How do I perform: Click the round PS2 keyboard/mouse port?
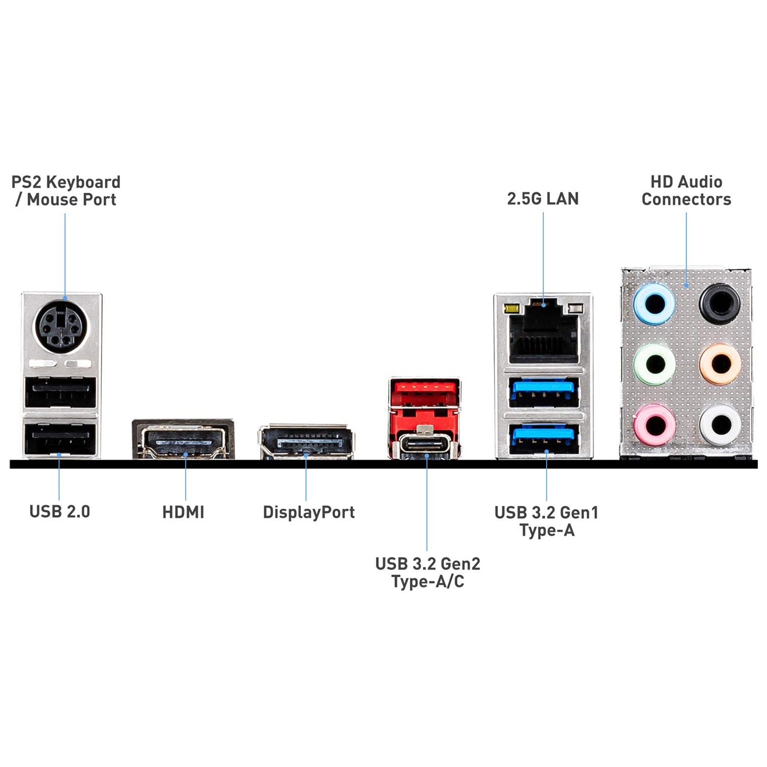(x=61, y=325)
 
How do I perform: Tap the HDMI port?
(x=183, y=439)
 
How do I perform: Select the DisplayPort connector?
(x=306, y=441)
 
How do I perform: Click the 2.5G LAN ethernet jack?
(x=544, y=332)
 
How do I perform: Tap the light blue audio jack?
(x=654, y=305)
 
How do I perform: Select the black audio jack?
(x=719, y=303)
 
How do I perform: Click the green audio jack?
(x=654, y=364)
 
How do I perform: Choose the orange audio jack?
(x=720, y=364)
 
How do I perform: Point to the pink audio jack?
(x=654, y=424)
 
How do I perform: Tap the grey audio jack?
(x=720, y=424)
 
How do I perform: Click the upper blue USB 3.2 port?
(x=544, y=392)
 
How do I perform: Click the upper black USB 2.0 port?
(x=60, y=392)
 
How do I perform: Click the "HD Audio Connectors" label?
(x=686, y=190)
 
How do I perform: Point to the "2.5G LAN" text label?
(x=543, y=198)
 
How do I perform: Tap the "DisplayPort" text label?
(x=308, y=512)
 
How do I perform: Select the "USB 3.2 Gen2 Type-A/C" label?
(x=427, y=572)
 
